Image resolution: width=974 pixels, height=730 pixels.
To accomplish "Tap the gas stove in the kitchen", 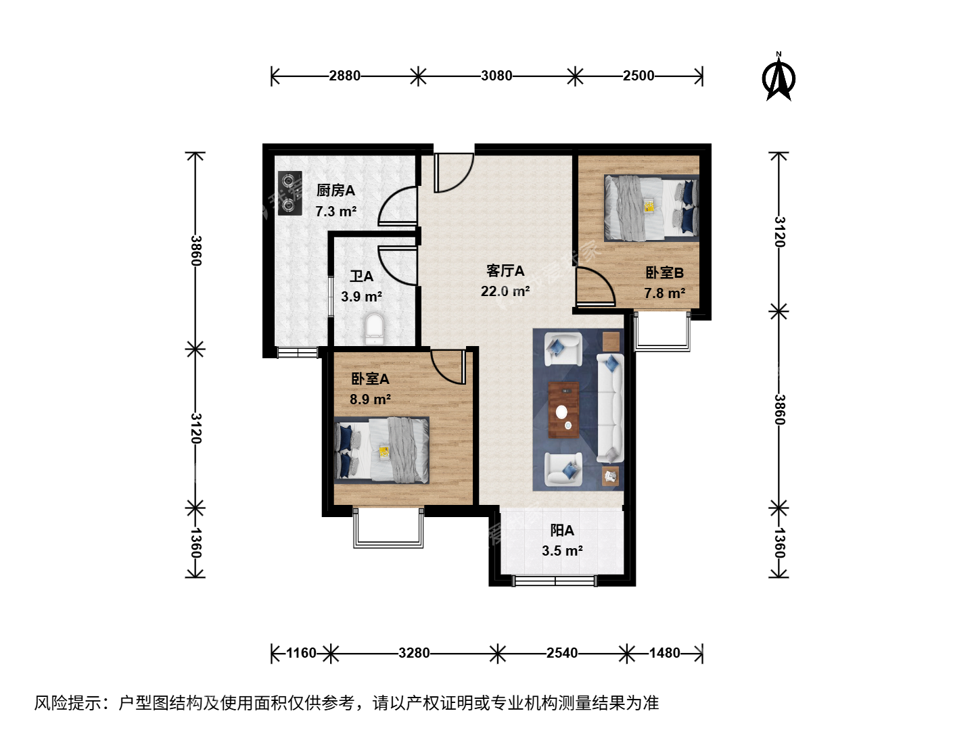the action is click(x=289, y=193).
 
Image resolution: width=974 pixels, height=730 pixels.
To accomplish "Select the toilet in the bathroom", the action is click(x=375, y=329).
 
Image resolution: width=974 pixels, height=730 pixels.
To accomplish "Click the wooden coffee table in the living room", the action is click(x=563, y=410).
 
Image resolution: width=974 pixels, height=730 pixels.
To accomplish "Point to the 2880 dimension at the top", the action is click(x=344, y=76).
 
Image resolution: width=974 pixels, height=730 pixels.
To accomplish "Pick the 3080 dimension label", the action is click(x=496, y=76).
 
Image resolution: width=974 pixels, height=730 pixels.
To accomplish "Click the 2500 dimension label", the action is click(x=638, y=76).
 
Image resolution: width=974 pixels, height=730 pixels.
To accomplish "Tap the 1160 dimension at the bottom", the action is click(x=301, y=653).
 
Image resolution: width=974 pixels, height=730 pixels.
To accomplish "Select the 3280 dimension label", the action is click(x=413, y=653).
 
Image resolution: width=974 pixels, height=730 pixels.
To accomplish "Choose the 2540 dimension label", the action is click(x=562, y=653).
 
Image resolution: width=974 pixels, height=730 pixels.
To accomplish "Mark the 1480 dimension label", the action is click(x=664, y=653).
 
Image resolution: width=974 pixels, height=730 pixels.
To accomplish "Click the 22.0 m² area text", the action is click(x=505, y=291).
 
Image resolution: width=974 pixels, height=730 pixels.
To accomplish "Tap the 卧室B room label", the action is click(x=664, y=272).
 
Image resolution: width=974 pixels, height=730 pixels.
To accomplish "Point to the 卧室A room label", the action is click(x=370, y=379).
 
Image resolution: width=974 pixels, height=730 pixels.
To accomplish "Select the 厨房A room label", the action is click(x=335, y=191).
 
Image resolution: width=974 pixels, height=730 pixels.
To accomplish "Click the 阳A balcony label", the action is click(x=562, y=530).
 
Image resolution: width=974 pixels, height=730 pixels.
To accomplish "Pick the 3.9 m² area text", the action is click(x=361, y=297).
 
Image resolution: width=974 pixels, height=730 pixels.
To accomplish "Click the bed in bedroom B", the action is click(x=651, y=208).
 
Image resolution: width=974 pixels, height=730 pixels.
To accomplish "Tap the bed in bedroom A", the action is click(x=381, y=450).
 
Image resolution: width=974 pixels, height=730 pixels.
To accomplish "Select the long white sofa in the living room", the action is click(x=610, y=408).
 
